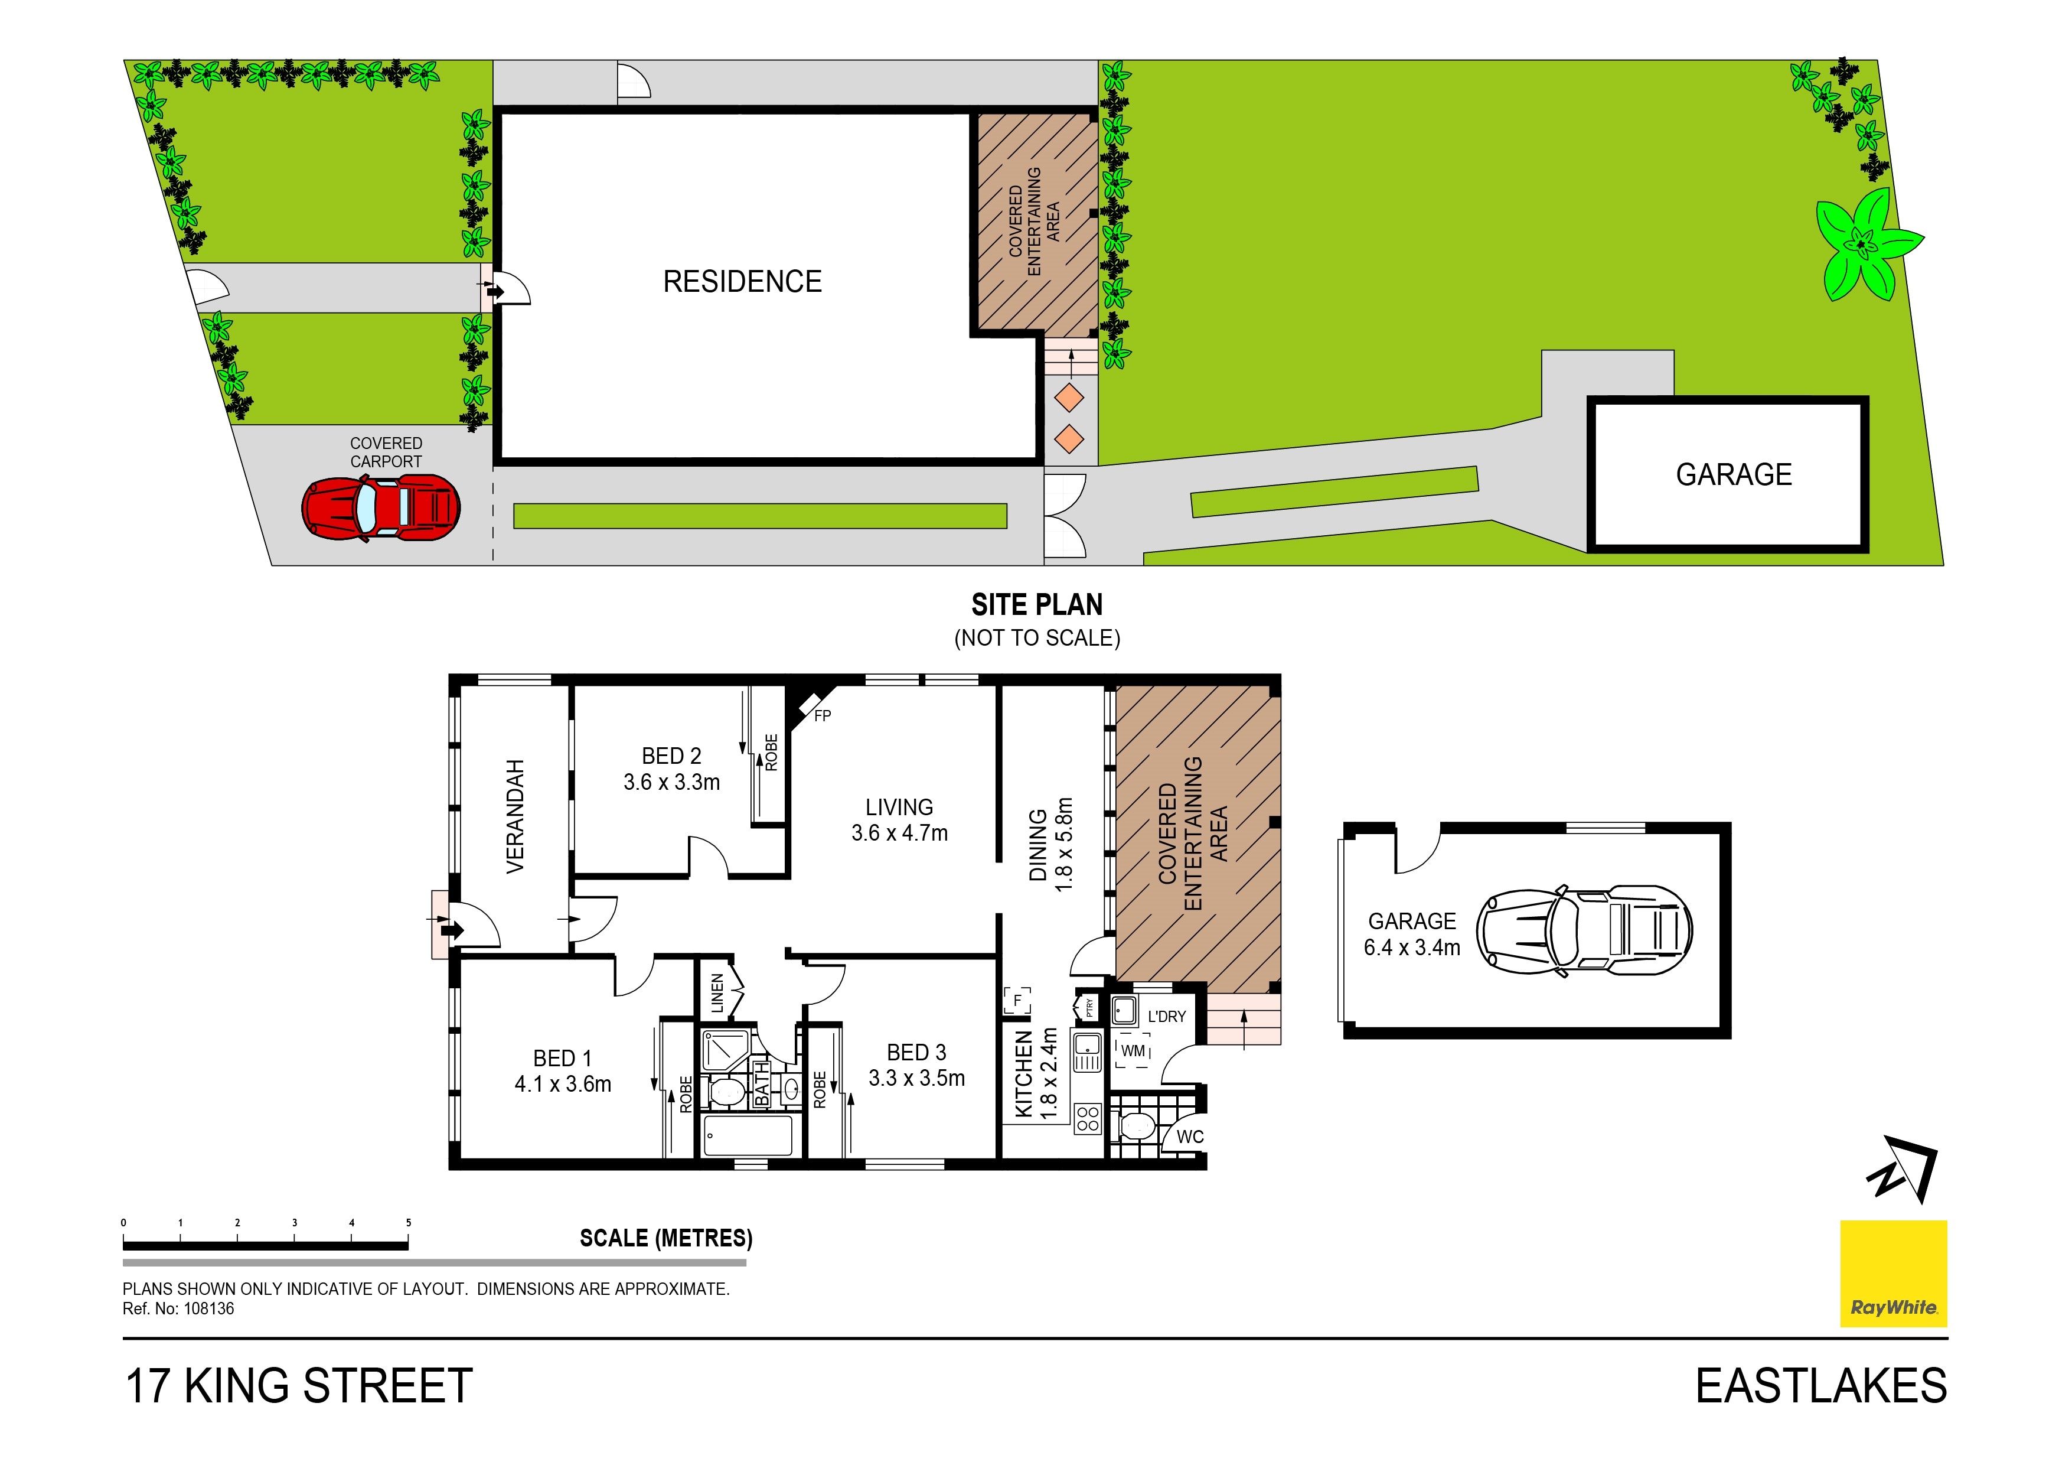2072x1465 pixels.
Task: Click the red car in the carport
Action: click(381, 507)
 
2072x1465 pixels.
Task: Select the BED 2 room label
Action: click(671, 756)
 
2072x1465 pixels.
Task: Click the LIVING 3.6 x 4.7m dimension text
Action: click(900, 833)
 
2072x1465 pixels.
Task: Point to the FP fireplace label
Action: click(822, 716)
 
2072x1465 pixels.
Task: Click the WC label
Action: click(1189, 1137)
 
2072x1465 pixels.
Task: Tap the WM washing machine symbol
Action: click(1133, 1051)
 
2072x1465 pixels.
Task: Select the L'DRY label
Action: click(1166, 1017)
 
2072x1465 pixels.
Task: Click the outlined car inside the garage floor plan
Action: click(1584, 930)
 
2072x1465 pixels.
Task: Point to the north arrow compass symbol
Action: click(1903, 1171)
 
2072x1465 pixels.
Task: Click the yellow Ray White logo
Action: click(1893, 1274)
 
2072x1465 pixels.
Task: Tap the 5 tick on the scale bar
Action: click(409, 1223)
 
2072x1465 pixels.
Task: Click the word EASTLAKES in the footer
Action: click(1821, 1386)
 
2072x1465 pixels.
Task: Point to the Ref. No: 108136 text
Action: click(179, 1309)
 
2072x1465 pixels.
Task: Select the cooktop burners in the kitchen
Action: click(1088, 1119)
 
